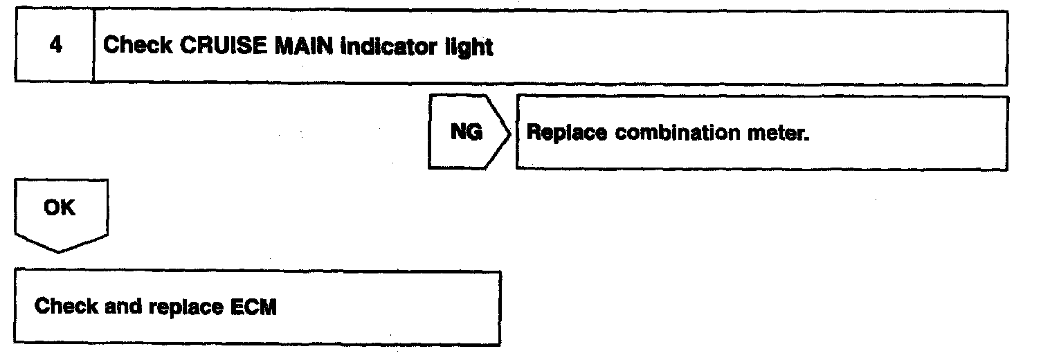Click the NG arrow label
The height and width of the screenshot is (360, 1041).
click(466, 132)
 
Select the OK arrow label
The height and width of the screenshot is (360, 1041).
click(59, 208)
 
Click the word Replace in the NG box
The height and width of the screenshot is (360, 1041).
click(566, 134)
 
